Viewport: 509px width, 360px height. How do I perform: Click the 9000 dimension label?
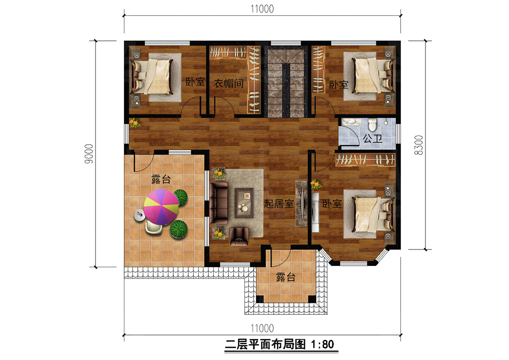coord(89,154)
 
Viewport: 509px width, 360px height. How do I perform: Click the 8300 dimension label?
coord(419,145)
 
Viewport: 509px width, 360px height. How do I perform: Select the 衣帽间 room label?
coord(229,84)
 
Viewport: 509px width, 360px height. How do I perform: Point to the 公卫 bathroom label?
coord(373,139)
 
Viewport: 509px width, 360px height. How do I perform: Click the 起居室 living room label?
coord(279,204)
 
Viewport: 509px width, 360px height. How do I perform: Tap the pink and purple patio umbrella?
coord(161,207)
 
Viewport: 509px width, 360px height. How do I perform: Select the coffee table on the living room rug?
coord(244,203)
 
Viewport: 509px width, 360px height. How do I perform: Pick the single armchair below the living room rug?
coord(239,236)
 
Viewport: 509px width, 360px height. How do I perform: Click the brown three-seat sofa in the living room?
coord(219,203)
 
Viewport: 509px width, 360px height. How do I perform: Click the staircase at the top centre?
coord(286,81)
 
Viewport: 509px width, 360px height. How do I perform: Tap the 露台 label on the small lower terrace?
coord(286,277)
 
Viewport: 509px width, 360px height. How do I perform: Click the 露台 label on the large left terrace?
coord(161,179)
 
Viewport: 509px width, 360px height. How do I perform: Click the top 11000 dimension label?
coord(262,9)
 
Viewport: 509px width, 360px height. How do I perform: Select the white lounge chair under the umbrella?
coord(154,227)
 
